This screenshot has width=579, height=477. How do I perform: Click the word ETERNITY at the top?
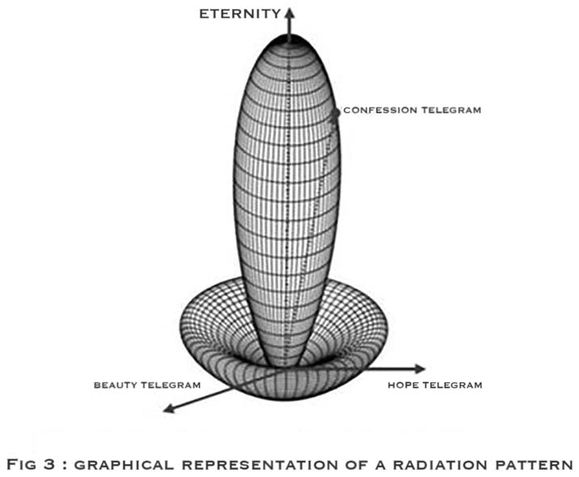(x=240, y=12)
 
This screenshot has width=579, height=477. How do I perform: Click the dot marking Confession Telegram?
(x=337, y=110)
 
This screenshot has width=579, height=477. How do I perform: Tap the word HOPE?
(x=403, y=385)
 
